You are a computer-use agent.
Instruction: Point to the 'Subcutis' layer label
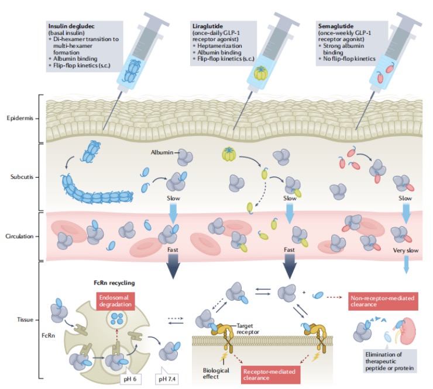(22, 175)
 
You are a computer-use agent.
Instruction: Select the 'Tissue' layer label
(25, 319)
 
